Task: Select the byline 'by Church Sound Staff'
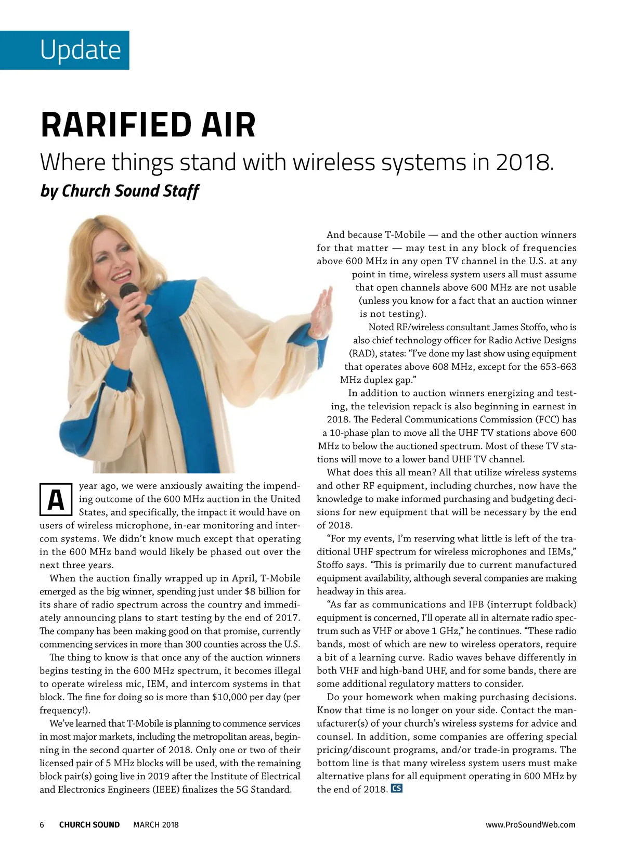[119, 191]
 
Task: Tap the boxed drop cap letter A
[55, 500]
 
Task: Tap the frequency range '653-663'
[558, 367]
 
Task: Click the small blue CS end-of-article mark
[397, 789]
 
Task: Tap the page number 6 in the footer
[42, 825]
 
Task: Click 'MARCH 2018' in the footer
[156, 825]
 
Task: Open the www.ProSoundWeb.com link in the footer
[530, 825]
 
